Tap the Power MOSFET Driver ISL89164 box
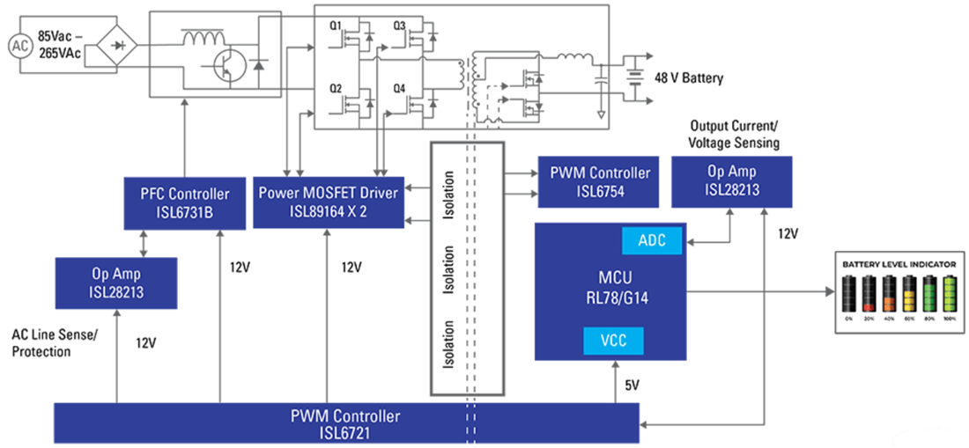(328, 202)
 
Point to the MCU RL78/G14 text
(611, 290)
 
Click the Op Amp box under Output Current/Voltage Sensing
(730, 181)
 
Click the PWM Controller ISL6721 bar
(346, 422)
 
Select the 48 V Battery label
(688, 78)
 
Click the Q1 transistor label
(336, 26)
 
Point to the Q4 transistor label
(400, 88)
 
